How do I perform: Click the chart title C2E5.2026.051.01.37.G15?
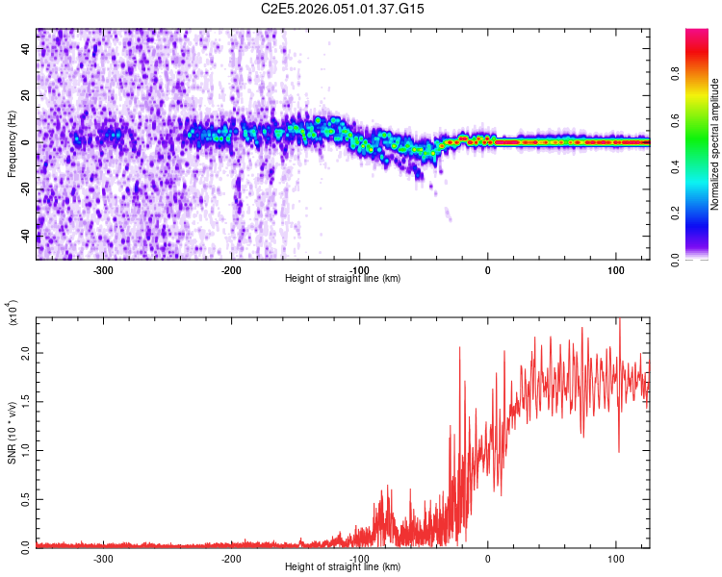343,9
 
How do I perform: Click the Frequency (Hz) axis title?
12,144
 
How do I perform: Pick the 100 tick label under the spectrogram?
616,270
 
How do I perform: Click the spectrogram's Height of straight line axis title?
343,279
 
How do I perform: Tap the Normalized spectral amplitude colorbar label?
715,144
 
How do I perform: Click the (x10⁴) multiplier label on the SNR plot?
13,313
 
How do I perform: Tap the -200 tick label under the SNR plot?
231,558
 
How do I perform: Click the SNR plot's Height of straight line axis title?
343,567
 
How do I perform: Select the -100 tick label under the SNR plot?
359,558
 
